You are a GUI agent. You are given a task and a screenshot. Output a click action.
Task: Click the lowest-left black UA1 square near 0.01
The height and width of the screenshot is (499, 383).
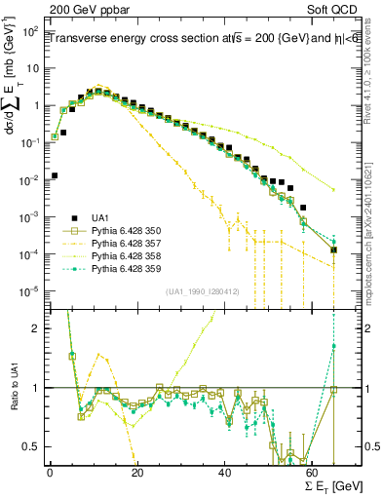(x=55, y=175)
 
